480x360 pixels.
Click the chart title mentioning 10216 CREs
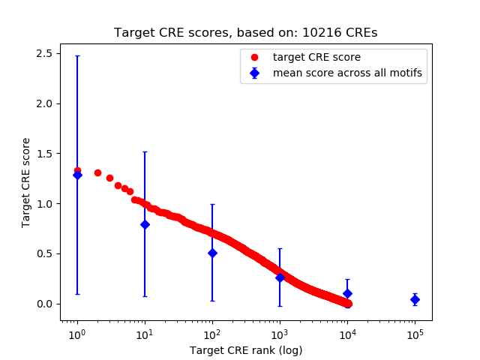[246, 33]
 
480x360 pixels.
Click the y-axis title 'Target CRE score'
[26, 182]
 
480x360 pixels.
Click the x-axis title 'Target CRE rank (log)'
[246, 350]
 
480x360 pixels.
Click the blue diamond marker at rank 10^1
[145, 224]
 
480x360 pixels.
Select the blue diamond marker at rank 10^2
[212, 253]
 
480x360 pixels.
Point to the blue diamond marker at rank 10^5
[415, 299]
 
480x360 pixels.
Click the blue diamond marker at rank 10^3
[280, 277]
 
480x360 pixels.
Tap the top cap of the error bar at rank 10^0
[77, 55]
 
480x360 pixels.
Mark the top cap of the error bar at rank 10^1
[145, 151]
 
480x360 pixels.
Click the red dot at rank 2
[97, 172]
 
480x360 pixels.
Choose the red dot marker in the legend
[255, 57]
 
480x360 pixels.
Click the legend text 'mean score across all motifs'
[347, 73]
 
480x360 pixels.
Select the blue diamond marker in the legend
[255, 73]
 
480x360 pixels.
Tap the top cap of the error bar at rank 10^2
[212, 204]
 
